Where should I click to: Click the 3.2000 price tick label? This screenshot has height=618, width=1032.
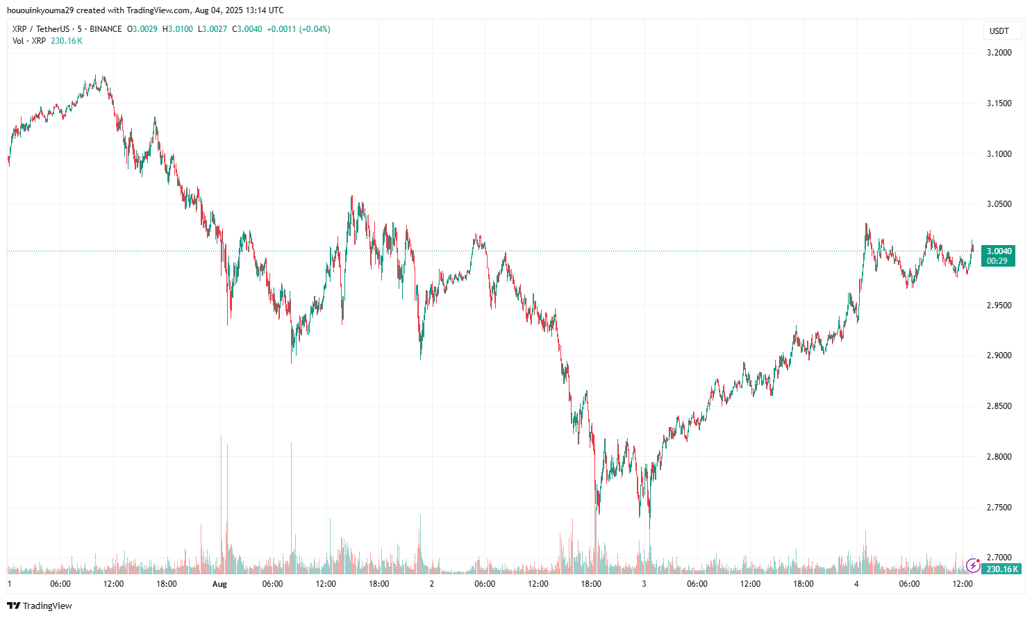[x=999, y=53]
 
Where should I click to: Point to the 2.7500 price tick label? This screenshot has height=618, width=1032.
[x=999, y=508]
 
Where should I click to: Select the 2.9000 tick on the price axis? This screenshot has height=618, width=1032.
[x=999, y=356]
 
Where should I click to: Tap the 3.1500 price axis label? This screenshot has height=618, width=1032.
[x=999, y=103]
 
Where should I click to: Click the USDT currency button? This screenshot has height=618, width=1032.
[x=999, y=31]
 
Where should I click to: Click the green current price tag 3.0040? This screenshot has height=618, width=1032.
[x=999, y=251]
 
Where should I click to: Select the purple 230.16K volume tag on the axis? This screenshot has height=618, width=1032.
[x=1002, y=569]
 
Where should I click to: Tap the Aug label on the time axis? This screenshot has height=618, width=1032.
[x=219, y=584]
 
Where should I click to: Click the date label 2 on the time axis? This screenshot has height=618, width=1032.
[x=432, y=584]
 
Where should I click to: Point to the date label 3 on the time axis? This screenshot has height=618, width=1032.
[x=644, y=584]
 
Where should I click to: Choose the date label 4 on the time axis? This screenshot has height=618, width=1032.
[x=856, y=584]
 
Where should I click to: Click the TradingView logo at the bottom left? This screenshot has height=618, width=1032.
[x=40, y=606]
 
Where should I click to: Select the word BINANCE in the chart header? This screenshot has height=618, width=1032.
[x=106, y=29]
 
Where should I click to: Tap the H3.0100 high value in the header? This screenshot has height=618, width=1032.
[x=178, y=29]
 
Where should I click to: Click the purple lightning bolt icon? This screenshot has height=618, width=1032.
[x=973, y=566]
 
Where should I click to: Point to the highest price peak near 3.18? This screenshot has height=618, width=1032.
[x=103, y=77]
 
